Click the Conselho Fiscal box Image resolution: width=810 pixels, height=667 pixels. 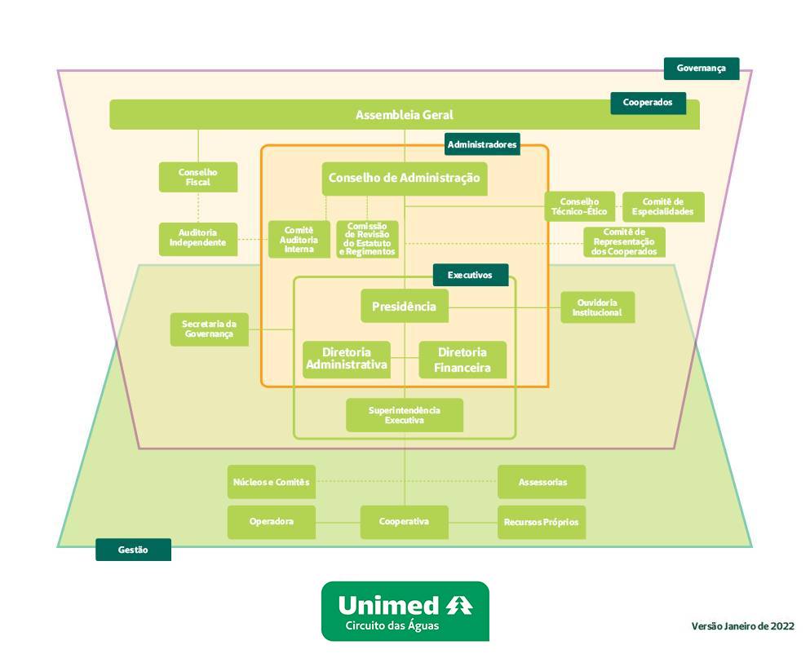(198, 177)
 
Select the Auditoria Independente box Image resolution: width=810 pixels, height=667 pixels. (198, 239)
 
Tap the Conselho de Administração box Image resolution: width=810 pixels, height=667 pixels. (405, 179)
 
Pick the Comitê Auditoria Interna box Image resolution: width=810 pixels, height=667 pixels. (299, 240)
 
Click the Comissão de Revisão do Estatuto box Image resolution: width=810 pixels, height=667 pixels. (368, 240)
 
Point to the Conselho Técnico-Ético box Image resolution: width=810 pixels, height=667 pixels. (579, 206)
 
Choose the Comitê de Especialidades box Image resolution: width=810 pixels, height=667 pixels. (662, 206)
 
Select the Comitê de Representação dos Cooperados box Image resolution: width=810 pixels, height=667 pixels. (624, 242)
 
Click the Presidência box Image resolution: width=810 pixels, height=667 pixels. (405, 307)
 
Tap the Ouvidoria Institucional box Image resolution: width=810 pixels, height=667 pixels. (597, 307)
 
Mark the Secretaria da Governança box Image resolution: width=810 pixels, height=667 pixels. (210, 329)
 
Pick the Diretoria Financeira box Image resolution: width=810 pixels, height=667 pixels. (463, 360)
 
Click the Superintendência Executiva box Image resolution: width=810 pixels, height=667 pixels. (405, 415)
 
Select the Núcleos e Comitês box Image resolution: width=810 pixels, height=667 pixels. (272, 482)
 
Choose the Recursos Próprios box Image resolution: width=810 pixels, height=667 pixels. (542, 522)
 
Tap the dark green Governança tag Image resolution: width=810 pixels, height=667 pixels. (701, 68)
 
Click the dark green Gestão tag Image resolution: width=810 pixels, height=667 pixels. (133, 550)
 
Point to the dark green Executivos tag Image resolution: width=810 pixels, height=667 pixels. (470, 275)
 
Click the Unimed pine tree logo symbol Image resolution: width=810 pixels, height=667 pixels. (459, 606)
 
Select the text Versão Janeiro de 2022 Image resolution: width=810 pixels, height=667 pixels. (742, 626)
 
